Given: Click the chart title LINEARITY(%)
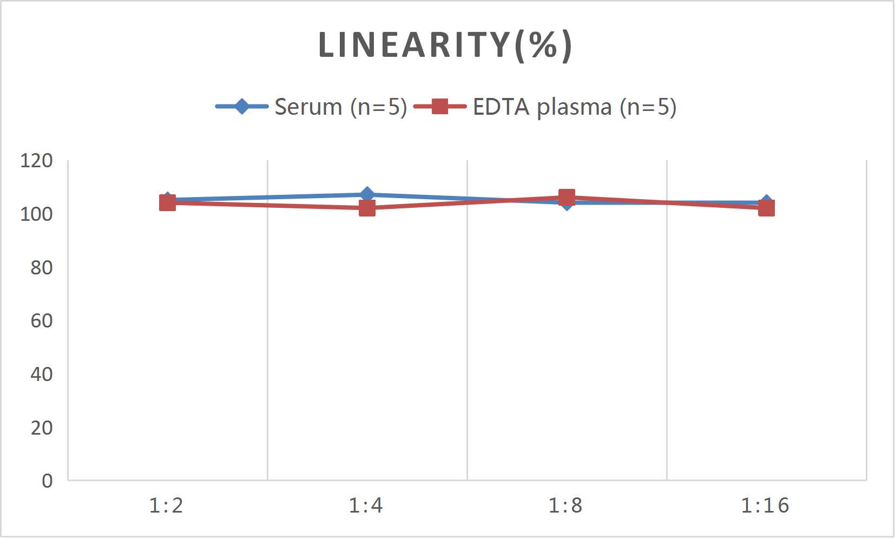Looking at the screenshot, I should tap(445, 45).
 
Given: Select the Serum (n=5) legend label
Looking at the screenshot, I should tap(340, 107).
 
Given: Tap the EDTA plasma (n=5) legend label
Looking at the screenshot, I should tap(574, 107).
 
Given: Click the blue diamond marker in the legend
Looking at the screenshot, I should tap(242, 107).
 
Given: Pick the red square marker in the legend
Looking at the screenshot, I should tap(440, 107).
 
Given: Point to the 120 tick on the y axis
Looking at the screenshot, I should tap(36, 160).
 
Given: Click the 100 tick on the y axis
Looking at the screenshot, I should tap(36, 214).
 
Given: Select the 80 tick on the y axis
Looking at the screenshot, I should tap(41, 267).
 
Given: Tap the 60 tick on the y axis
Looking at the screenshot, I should tap(41, 320).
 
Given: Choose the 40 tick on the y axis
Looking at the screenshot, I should tap(41, 374).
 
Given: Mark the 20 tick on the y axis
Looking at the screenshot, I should tap(41, 428).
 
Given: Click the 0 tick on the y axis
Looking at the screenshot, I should tap(47, 481).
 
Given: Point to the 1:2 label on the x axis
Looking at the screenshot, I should tap(167, 506).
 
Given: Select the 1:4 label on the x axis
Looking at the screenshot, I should tap(366, 506).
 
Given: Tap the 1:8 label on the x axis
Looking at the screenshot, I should tap(566, 506).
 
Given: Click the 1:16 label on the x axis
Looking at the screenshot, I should tap(765, 506).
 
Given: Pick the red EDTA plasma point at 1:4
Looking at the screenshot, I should tap(367, 208).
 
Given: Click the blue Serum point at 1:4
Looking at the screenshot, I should tap(367, 194).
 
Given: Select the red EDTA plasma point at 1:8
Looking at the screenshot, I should tap(567, 197).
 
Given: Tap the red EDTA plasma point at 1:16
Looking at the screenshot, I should tap(766, 208).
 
